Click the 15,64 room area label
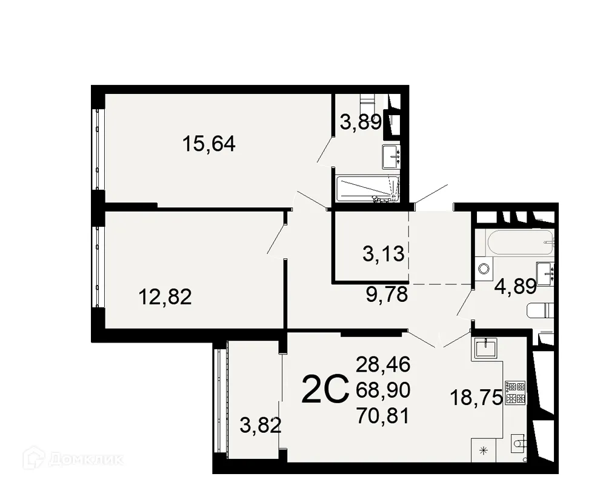click(x=208, y=144)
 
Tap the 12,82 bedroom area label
click(x=165, y=297)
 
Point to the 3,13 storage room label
click(x=383, y=253)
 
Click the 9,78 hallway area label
click(x=387, y=295)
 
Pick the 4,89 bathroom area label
click(x=516, y=287)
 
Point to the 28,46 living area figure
click(x=383, y=364)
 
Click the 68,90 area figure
click(x=383, y=390)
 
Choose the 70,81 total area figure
click(x=383, y=416)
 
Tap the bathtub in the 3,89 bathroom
click(x=367, y=189)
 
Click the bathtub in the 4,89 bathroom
click(x=521, y=243)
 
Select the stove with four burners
click(x=514, y=392)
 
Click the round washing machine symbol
click(x=484, y=270)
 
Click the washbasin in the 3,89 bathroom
click(x=391, y=156)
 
